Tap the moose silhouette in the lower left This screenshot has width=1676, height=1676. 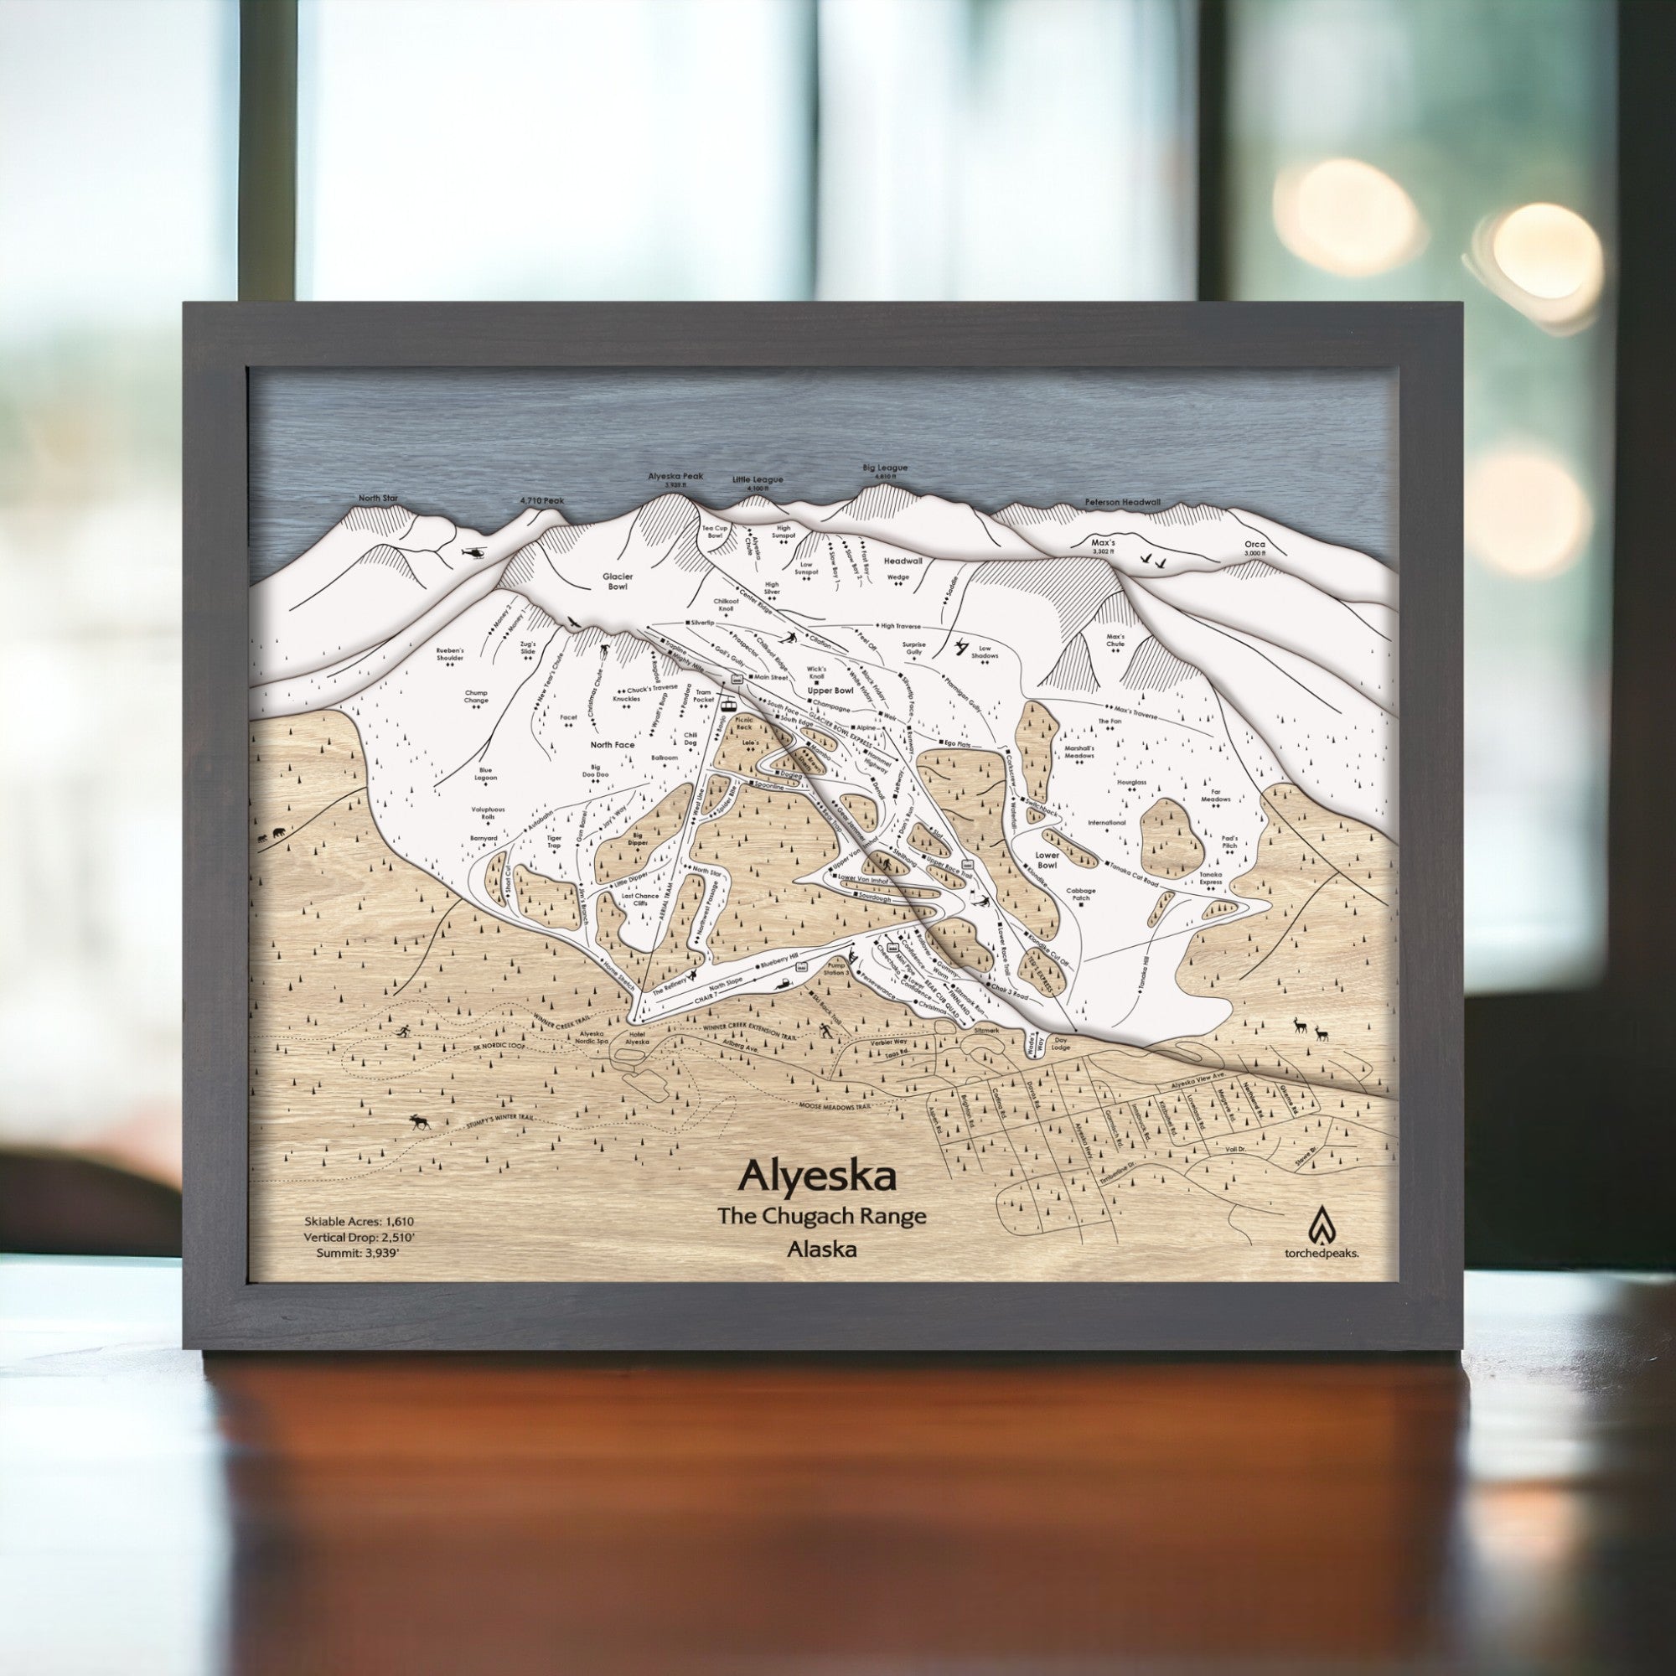pos(421,1123)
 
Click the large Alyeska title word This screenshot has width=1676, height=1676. pos(817,1177)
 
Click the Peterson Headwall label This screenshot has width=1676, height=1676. pos(1123,502)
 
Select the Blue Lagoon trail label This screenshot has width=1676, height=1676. pos(486,773)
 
